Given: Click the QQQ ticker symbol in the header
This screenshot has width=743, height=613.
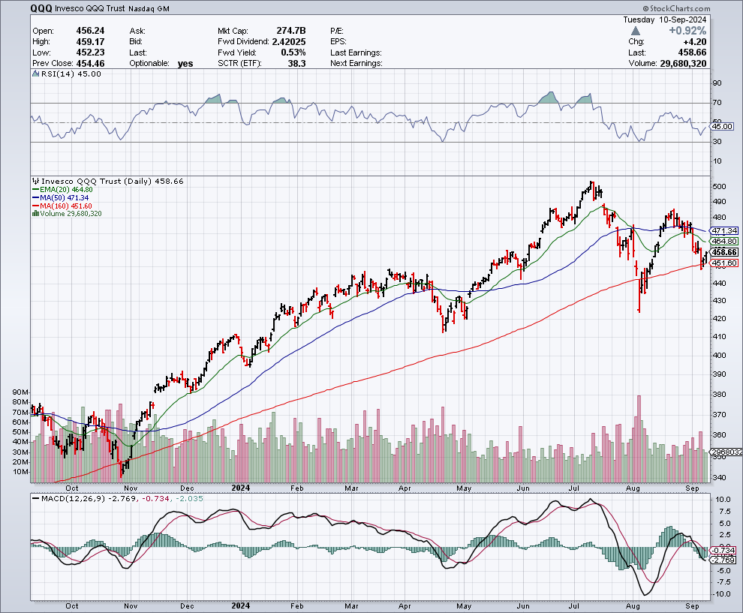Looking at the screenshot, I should click(x=42, y=9).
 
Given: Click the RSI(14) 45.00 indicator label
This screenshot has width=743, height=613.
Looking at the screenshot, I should click(x=68, y=74).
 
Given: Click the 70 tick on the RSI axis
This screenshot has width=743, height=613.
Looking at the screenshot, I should click(x=717, y=102).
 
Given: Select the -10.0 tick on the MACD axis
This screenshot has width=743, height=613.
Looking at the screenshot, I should click(x=721, y=593).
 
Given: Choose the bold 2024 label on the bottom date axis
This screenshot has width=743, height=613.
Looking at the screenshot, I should click(x=241, y=605).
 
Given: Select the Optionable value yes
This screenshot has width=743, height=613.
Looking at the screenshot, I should click(x=185, y=64).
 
